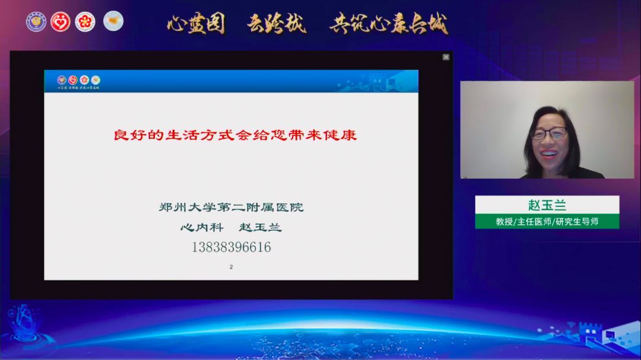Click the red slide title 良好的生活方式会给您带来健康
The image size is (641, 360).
coord(235,135)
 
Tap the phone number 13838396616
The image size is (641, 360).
coord(231,247)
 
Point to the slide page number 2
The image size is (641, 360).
coord(231,267)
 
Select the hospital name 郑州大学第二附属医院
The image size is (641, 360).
coord(231,208)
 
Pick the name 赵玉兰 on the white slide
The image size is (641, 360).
coord(260,227)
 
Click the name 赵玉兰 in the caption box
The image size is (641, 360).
coord(547,205)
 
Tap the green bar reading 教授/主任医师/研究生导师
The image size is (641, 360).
coord(547,221)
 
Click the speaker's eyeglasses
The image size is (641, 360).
coord(548,133)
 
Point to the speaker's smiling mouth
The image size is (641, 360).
coord(549,153)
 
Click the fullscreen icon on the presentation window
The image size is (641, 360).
coord(446,57)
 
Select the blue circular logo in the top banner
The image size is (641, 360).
coord(36,22)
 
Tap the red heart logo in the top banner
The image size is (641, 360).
coord(61,22)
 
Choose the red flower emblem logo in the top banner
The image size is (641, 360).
coord(85,22)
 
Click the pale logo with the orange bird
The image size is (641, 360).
coord(113,21)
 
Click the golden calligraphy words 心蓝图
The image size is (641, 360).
coord(196,24)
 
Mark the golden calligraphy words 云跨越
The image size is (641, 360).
coord(277,24)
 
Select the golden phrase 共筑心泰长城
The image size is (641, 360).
coord(389,24)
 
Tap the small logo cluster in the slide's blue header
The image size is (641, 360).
coord(78,80)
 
